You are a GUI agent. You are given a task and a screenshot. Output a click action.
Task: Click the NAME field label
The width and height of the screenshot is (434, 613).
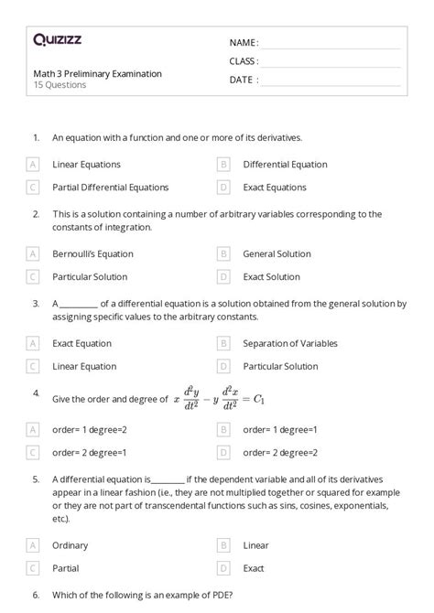pyautogui.click(x=244, y=43)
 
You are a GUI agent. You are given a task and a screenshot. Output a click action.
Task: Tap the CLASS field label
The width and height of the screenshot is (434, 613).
pyautogui.click(x=244, y=61)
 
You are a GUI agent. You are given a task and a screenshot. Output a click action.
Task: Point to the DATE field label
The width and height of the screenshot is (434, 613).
pyautogui.click(x=244, y=80)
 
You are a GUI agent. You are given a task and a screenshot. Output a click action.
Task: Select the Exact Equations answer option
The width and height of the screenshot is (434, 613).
pyautogui.click(x=275, y=188)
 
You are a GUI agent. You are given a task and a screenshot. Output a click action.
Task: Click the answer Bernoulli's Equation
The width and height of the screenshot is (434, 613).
pyautogui.click(x=92, y=254)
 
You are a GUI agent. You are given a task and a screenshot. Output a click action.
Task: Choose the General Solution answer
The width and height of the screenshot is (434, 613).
pyautogui.click(x=277, y=254)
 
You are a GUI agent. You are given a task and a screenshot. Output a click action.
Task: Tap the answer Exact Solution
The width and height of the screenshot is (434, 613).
pyautogui.click(x=271, y=276)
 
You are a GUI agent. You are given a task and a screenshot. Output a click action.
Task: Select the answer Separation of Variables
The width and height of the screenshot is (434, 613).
pyautogui.click(x=290, y=344)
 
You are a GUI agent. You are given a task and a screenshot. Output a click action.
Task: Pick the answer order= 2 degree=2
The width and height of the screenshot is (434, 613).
pyautogui.click(x=280, y=452)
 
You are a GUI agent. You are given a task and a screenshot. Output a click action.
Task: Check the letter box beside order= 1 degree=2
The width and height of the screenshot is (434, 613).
pyautogui.click(x=33, y=429)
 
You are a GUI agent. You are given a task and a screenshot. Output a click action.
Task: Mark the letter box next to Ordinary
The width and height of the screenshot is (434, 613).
pyautogui.click(x=33, y=545)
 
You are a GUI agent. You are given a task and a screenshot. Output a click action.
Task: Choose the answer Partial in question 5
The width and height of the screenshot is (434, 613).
pyautogui.click(x=66, y=567)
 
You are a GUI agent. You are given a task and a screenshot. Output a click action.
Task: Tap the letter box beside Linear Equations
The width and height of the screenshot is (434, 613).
pyautogui.click(x=33, y=165)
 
